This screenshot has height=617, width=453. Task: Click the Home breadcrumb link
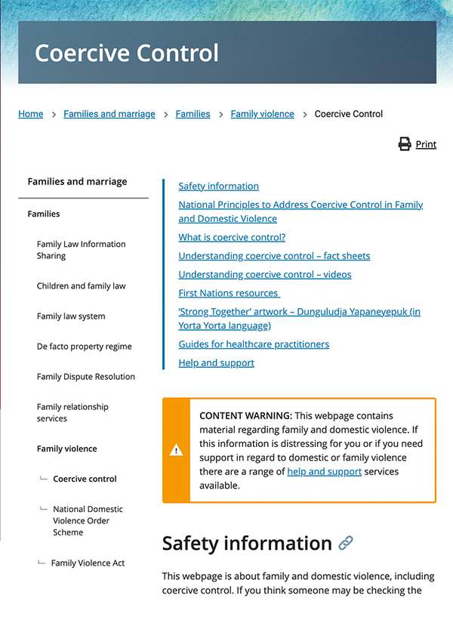[30, 114]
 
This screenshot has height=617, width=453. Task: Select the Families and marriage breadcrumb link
[109, 114]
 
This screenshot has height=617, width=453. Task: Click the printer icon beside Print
[405, 144]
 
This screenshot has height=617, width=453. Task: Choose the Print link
[426, 144]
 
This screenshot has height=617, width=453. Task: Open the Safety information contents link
[218, 186]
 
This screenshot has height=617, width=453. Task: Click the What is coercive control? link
[232, 237]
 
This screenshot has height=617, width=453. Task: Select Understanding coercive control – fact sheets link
[274, 255]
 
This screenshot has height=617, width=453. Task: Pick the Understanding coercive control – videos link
[264, 274]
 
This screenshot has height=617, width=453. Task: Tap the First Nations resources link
[228, 292]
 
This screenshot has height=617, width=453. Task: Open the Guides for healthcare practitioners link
[254, 344]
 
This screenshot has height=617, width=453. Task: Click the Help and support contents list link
[216, 362]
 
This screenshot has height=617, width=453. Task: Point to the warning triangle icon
[176, 450]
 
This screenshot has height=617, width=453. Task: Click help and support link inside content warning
[324, 471]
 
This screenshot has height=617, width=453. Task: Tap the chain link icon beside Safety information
[346, 543]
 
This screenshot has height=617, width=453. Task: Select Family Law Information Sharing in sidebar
[81, 250]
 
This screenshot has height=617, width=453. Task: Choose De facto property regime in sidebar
[84, 347]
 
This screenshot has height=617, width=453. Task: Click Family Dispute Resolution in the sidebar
[85, 377]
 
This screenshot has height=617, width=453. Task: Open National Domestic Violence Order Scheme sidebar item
[88, 520]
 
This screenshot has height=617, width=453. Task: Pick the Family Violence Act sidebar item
[88, 563]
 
